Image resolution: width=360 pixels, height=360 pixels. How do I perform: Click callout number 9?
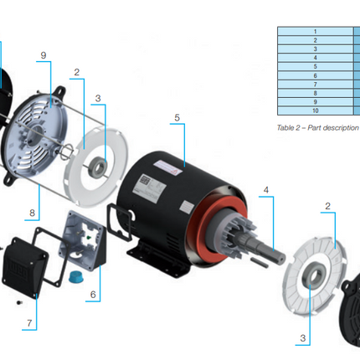click(43, 55)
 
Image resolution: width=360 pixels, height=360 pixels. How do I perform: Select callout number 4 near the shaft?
click(266, 191)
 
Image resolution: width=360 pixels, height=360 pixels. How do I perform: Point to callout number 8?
click(32, 213)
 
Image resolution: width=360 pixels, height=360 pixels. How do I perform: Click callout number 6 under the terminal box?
click(93, 294)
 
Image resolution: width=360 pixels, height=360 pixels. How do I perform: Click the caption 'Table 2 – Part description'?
click(316, 127)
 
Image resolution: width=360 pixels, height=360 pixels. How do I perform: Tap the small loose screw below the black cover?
click(17, 299)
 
